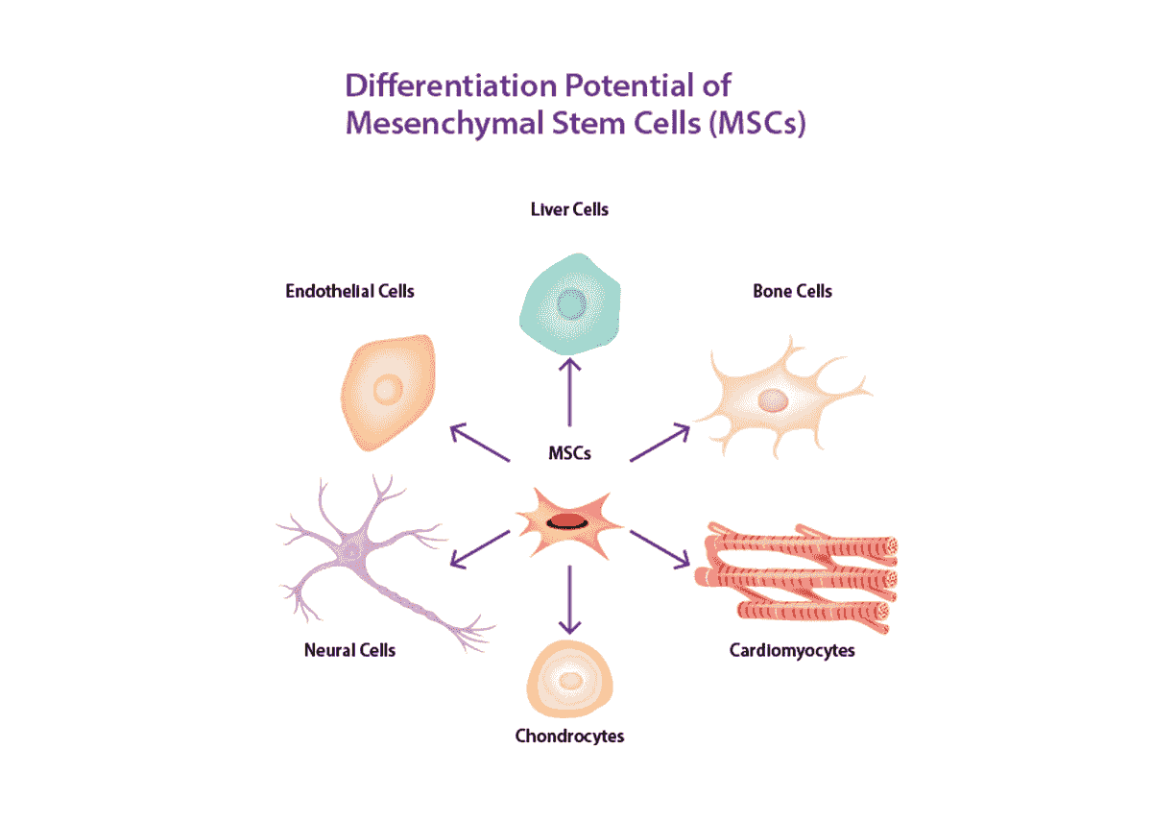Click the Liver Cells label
tap(569, 208)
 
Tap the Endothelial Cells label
tap(349, 290)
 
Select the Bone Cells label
tap(792, 290)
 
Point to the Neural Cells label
tap(349, 650)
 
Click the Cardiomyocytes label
tap(792, 651)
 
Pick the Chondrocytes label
tap(569, 736)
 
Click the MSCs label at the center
tap(569, 452)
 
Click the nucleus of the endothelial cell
tap(388, 391)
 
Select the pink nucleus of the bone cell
tap(773, 399)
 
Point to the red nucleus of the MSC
tap(567, 521)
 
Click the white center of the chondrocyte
tap(571, 681)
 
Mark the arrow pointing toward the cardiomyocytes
tap(660, 548)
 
